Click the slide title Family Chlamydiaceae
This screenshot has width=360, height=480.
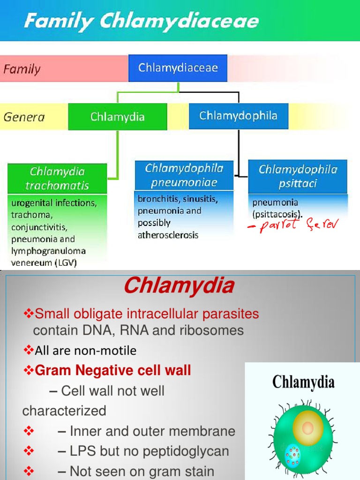pos(141,21)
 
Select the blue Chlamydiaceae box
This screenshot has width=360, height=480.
pos(178,68)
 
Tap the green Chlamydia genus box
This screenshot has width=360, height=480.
pos(117,117)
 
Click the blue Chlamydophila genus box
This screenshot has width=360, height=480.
pos(238,116)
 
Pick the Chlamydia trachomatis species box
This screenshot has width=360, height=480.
pos(57,178)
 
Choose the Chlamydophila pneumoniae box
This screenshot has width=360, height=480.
pos(184,175)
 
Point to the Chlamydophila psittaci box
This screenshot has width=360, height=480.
pos(298,176)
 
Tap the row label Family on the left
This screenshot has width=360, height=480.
pos(22,69)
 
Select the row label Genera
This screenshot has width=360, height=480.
pos(24,117)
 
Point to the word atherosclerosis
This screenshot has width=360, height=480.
pos(168,235)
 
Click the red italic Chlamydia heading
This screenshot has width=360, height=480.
pos(179,286)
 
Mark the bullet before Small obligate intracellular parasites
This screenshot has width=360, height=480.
pos(29,314)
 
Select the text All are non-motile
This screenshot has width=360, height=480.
pos(85,351)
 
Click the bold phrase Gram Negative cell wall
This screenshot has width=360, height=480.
pos(112,371)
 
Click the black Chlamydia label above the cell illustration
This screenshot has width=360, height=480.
pos(303,382)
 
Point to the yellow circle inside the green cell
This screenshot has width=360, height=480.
pos(307,427)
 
